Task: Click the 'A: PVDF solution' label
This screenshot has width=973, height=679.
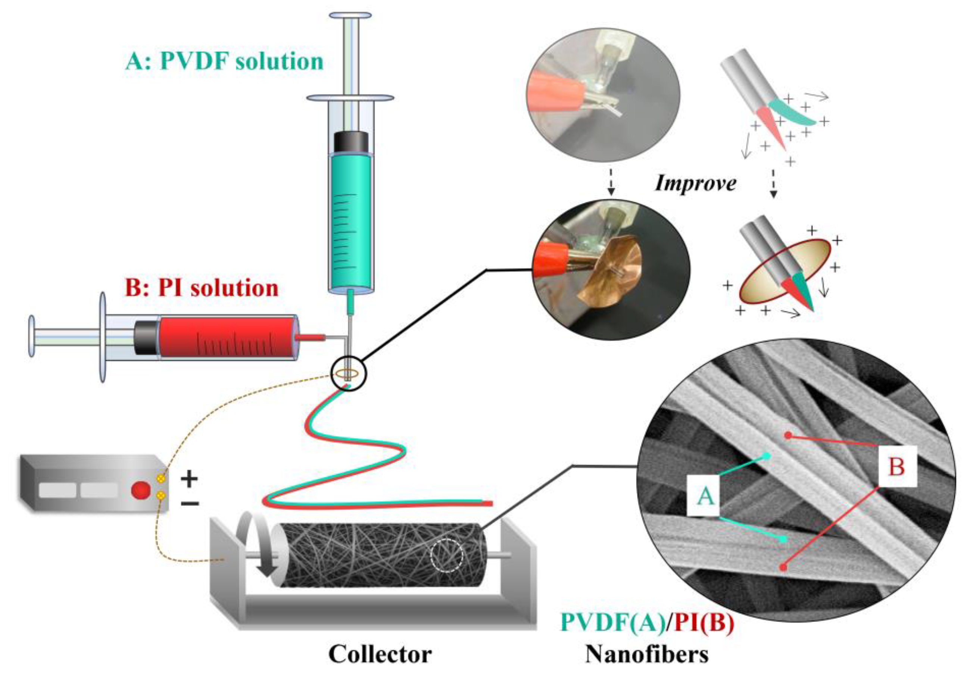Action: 224,62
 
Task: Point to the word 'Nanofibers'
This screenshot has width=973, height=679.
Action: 647,654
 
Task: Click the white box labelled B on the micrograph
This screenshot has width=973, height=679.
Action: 897,466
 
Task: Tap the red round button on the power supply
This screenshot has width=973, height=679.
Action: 141,491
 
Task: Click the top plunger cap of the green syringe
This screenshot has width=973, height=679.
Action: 350,15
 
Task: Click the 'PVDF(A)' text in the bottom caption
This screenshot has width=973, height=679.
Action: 612,623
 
